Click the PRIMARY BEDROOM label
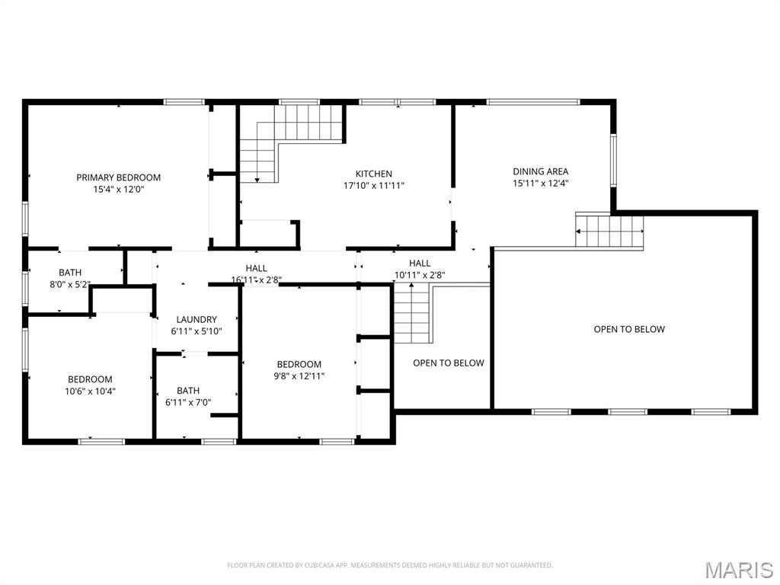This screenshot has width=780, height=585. tap(118, 177)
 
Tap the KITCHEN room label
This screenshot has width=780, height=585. tap(373, 174)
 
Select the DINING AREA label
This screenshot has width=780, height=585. tap(540, 171)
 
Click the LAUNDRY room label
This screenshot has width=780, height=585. tap(197, 320)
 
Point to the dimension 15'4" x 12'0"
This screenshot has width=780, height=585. tap(118, 189)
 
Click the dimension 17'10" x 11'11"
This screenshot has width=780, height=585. tap(373, 185)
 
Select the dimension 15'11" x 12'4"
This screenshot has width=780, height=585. tap(540, 183)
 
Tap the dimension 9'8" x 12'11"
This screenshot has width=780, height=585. tap(299, 376)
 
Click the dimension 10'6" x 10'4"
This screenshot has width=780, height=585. tap(90, 391)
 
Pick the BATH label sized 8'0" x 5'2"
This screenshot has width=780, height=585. tap(70, 273)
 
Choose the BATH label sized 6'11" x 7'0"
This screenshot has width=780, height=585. tap(188, 391)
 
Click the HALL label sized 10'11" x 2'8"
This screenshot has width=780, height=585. tap(420, 264)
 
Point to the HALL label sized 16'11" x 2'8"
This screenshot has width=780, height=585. tap(256, 268)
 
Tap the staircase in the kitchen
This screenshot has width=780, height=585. tap(292, 137)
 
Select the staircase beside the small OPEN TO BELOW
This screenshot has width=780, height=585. tap(413, 312)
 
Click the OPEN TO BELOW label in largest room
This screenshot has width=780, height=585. tap(629, 329)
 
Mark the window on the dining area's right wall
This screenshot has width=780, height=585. tap(612, 160)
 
